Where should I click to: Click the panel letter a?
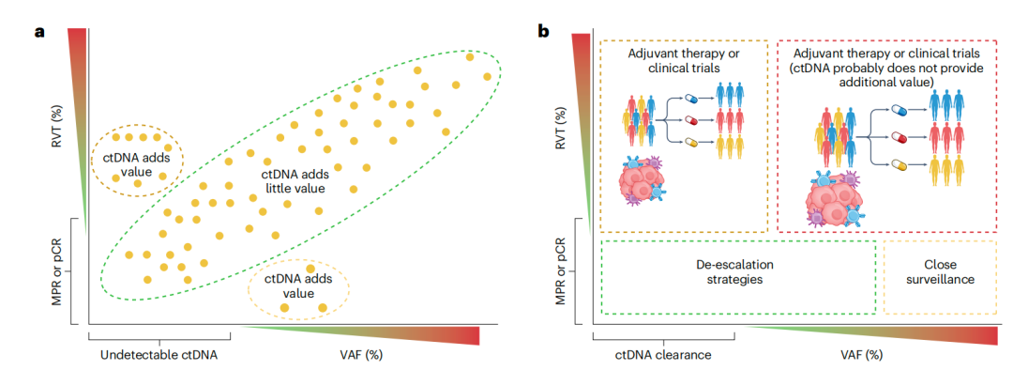pyautogui.click(x=39, y=30)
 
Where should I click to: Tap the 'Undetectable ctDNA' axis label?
pyautogui.click(x=159, y=355)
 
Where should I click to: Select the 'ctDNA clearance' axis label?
pyautogui.click(x=663, y=355)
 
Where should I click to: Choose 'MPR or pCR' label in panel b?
pyautogui.click(x=560, y=270)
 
